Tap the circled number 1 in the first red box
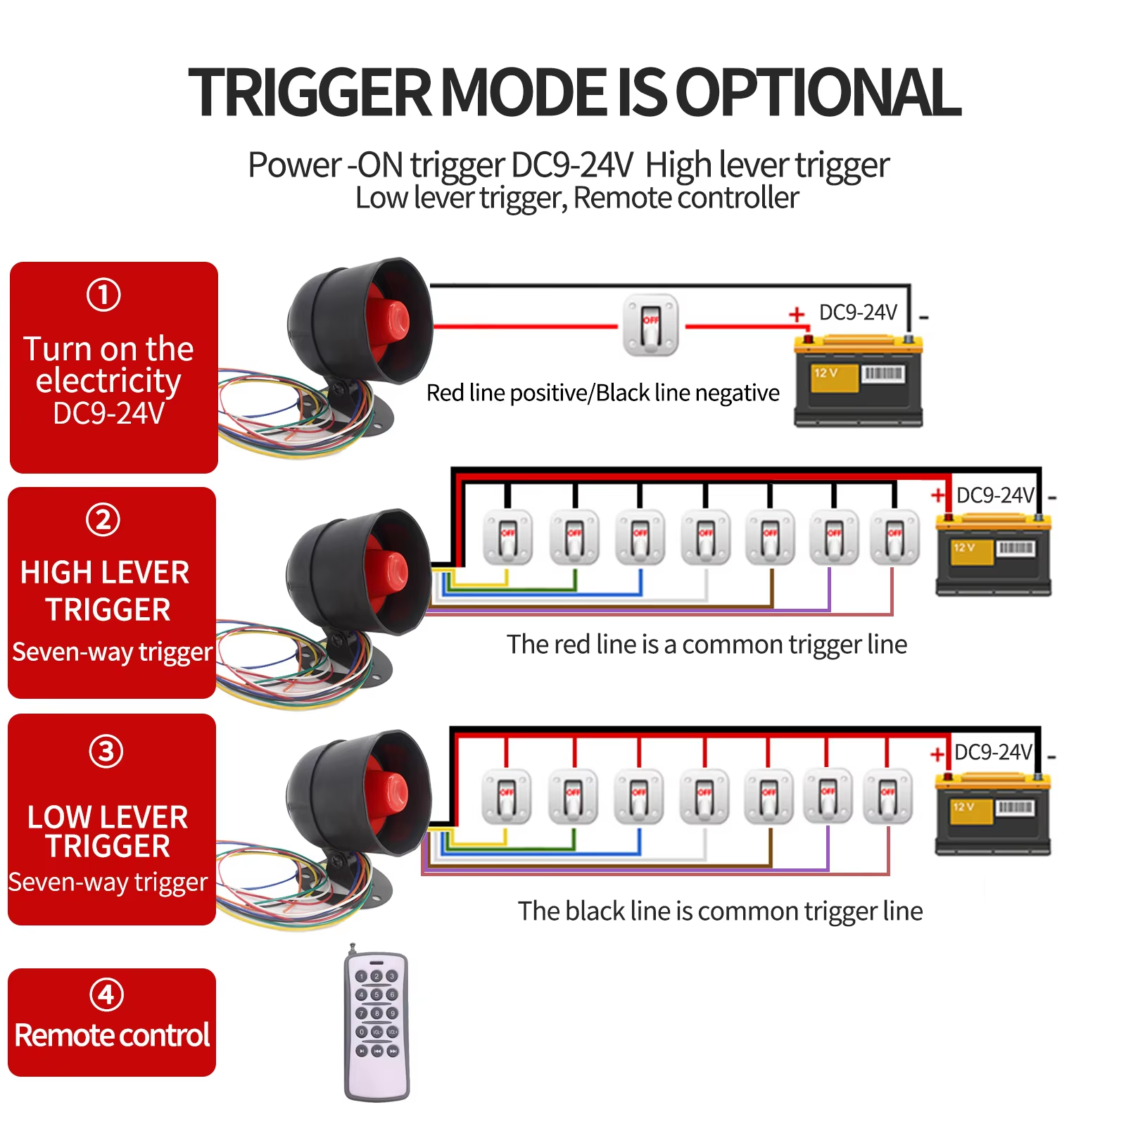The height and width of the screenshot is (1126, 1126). pyautogui.click(x=103, y=294)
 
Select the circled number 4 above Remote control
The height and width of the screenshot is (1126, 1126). pyautogui.click(x=106, y=994)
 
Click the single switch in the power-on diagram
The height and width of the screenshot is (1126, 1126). pyautogui.click(x=650, y=325)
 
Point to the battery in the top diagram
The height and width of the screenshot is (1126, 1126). pyautogui.click(x=858, y=381)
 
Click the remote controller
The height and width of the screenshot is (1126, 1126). pyautogui.click(x=377, y=1025)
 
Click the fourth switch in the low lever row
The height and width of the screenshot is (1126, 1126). pyautogui.click(x=704, y=797)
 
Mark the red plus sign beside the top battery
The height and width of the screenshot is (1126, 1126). pyautogui.click(x=796, y=314)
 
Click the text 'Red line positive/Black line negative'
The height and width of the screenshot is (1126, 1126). pyautogui.click(x=602, y=393)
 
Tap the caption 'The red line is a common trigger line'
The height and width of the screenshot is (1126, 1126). pyautogui.click(x=707, y=644)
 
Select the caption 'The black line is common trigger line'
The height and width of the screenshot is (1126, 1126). pyautogui.click(x=720, y=911)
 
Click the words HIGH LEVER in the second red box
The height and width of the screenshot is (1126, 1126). pyautogui.click(x=105, y=572)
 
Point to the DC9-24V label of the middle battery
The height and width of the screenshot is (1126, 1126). pyautogui.click(x=994, y=495)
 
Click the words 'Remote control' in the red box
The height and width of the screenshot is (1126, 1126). pyautogui.click(x=112, y=1035)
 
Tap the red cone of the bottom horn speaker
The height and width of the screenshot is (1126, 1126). pyautogui.click(x=387, y=792)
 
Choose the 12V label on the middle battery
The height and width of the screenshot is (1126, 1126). pyautogui.click(x=964, y=548)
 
